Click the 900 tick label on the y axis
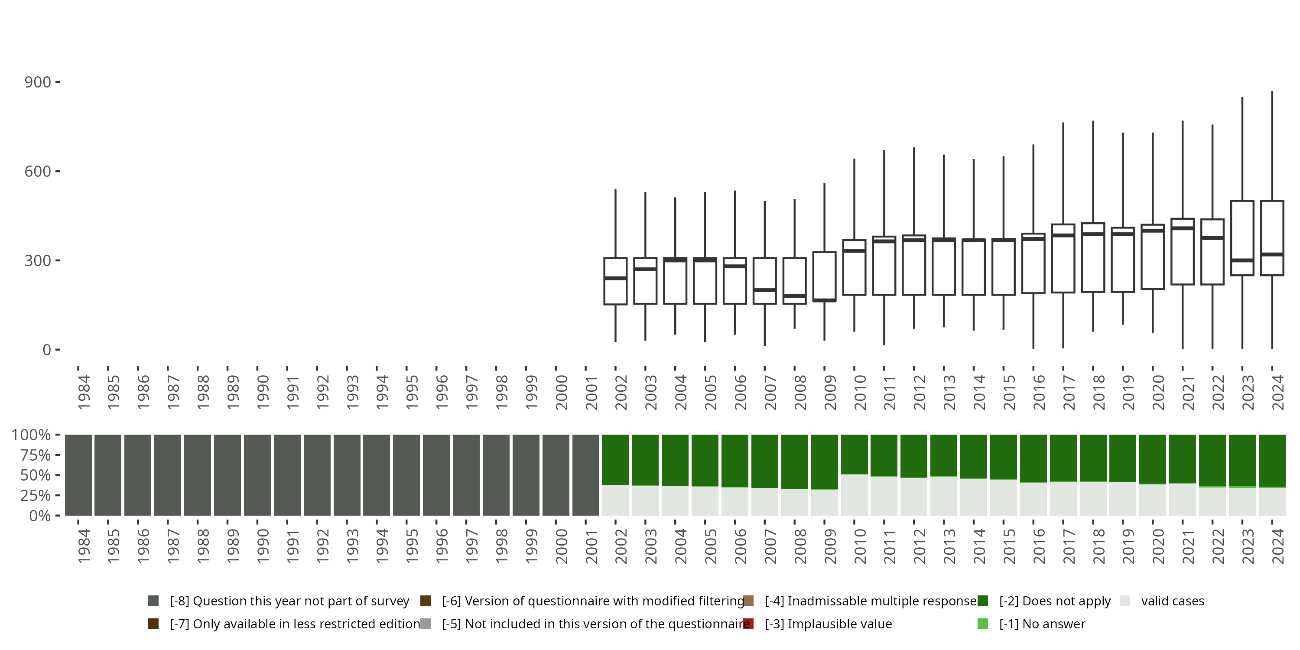37,82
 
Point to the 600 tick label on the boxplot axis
37,172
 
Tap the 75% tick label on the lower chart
36,455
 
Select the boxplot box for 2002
615,281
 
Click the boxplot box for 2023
1242,238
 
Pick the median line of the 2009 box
824,300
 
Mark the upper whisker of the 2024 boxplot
1272,146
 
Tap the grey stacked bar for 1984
78,475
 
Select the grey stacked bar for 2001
585,475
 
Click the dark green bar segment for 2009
824,462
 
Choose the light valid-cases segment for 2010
854,494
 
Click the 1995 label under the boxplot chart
411,392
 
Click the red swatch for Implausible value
748,624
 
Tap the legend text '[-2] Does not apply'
1055,601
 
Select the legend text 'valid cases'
1172,601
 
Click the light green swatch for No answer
982,624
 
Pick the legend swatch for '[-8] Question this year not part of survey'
153,601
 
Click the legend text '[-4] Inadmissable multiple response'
871,601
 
